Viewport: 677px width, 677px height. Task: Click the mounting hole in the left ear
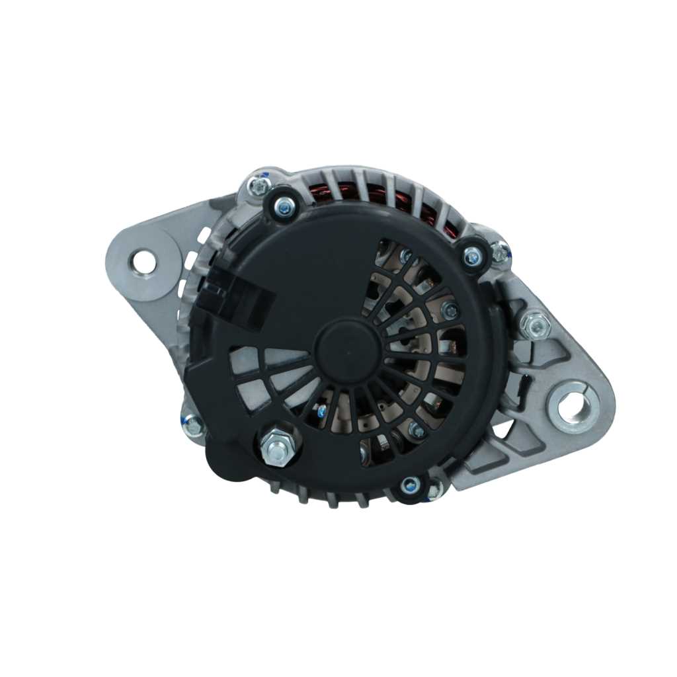143,262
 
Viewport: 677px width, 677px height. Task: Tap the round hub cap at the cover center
348,350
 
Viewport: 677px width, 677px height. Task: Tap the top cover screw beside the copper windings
285,208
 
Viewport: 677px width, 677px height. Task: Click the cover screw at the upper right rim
471,257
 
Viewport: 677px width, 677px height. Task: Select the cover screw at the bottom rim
410,486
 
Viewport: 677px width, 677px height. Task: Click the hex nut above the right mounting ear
534,325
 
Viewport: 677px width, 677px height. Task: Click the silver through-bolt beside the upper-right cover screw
500,252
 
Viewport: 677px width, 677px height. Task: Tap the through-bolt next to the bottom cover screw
434,491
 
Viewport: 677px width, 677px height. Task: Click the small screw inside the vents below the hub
322,412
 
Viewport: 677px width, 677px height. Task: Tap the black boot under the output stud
228,459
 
